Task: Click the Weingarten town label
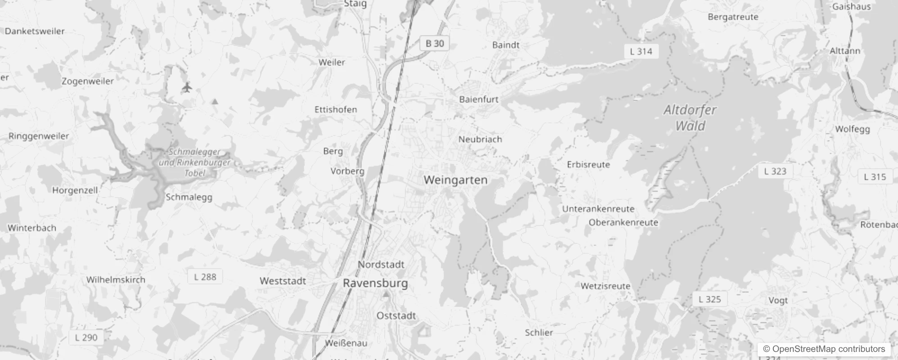tap(455, 180)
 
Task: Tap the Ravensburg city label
tap(375, 283)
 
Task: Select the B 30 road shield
tap(435, 44)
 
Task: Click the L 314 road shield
tap(641, 51)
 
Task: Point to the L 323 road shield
tap(775, 171)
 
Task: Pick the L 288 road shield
tap(205, 277)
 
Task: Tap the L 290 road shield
tap(86, 337)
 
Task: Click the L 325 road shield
tap(709, 299)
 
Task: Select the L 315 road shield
tap(875, 177)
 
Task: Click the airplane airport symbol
tap(187, 87)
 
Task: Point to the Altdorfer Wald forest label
tap(690, 117)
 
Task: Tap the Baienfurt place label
tap(479, 99)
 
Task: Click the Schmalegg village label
tap(189, 197)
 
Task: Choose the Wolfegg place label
tap(852, 129)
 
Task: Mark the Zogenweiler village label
tap(88, 81)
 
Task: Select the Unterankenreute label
tap(598, 209)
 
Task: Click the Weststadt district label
tap(283, 281)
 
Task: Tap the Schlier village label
tap(539, 333)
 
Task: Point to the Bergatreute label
tap(733, 17)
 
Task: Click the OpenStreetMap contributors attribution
tap(824, 349)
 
